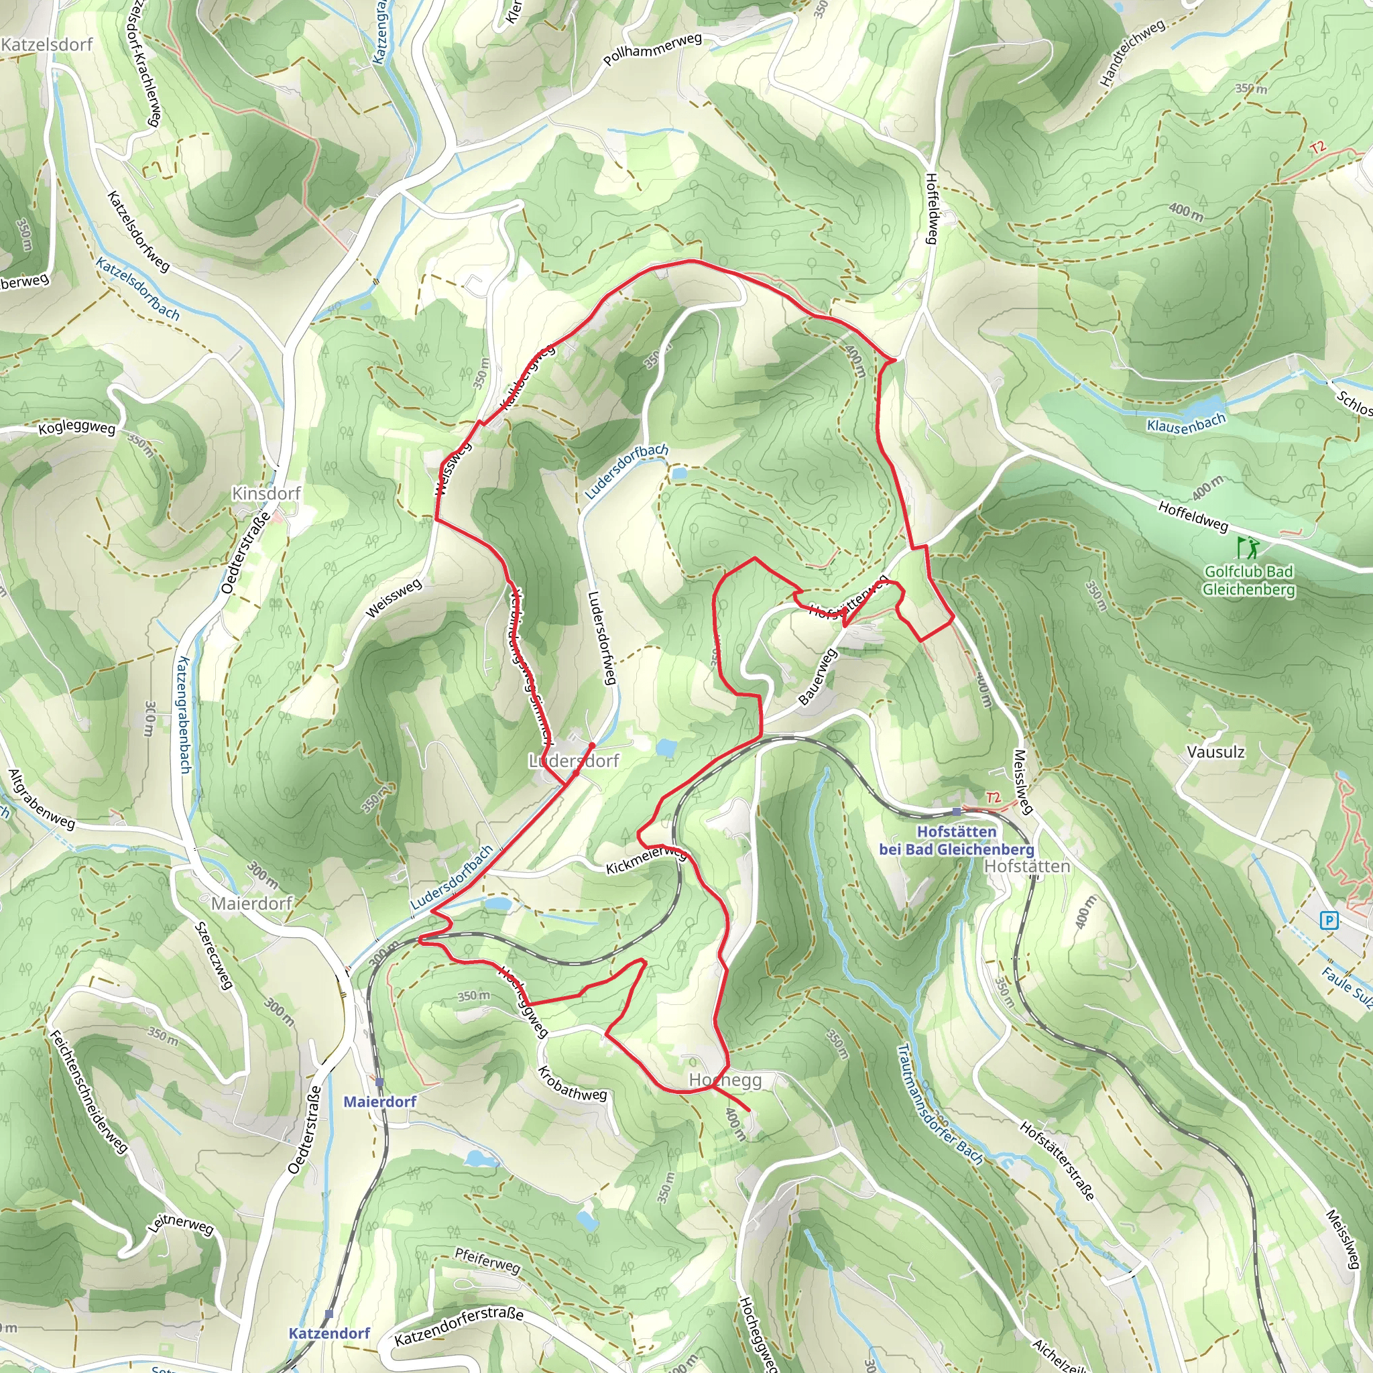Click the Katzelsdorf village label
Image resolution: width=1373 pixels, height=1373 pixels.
pyautogui.click(x=47, y=45)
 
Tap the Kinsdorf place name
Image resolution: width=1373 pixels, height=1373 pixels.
pyautogui.click(x=267, y=493)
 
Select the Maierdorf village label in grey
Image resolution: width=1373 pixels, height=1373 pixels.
pyautogui.click(x=252, y=903)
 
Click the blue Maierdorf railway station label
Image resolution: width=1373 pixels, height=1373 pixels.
pyautogui.click(x=379, y=1101)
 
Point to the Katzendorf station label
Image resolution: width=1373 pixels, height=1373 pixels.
pyautogui.click(x=329, y=1333)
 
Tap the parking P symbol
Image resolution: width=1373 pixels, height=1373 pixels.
pyautogui.click(x=1328, y=921)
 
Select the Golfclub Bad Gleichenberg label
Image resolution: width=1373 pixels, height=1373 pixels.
pyautogui.click(x=1248, y=581)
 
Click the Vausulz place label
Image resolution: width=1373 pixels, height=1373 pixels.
pyautogui.click(x=1216, y=752)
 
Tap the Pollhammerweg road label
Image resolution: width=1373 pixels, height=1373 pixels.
pyautogui.click(x=652, y=50)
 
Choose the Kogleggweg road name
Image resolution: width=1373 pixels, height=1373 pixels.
pyautogui.click(x=76, y=428)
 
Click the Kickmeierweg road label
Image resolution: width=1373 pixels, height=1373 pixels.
pyautogui.click(x=646, y=860)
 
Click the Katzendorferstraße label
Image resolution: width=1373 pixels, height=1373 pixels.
pyautogui.click(x=459, y=1326)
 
